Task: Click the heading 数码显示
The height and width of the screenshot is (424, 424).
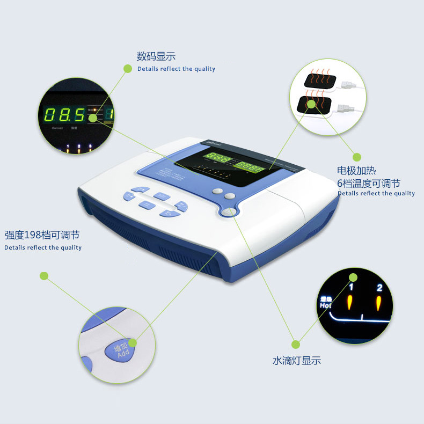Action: tap(156, 56)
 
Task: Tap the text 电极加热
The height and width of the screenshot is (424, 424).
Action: tap(357, 171)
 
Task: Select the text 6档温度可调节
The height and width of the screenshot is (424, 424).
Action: tap(369, 183)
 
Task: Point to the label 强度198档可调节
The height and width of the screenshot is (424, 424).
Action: tap(42, 235)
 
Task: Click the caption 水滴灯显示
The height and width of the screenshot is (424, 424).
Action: tap(296, 361)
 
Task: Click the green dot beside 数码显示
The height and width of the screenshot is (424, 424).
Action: tap(128, 68)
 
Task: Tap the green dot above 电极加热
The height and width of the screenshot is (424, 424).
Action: tap(356, 157)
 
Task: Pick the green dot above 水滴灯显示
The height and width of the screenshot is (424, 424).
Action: tap(295, 343)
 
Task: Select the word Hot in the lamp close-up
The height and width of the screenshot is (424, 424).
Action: tap(325, 305)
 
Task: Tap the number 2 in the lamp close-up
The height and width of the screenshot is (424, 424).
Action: tap(379, 288)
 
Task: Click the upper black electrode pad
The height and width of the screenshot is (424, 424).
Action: tap(320, 80)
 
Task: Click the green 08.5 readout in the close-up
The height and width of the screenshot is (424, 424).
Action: tap(64, 114)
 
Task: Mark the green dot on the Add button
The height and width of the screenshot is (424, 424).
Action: tap(132, 342)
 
